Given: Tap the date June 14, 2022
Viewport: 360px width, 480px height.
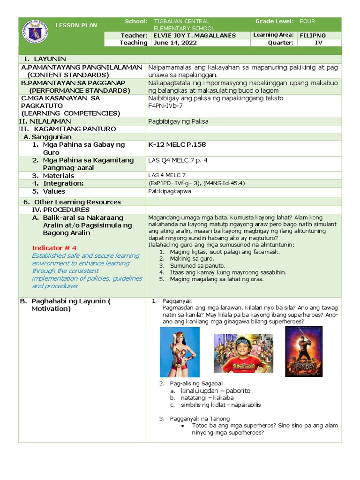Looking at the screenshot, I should click(x=175, y=43).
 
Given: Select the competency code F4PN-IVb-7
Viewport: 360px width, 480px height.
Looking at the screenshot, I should click(x=166, y=106).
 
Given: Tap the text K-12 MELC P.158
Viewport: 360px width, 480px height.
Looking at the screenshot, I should click(x=177, y=144).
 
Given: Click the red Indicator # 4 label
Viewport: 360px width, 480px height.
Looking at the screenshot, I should click(x=54, y=247).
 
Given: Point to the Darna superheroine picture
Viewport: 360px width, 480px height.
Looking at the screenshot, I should click(x=179, y=352).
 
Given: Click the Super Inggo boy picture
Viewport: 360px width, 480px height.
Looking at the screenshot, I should click(x=243, y=353).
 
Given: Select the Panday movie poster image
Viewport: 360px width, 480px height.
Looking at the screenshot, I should click(x=303, y=351).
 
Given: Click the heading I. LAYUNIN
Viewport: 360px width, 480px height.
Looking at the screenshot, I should click(x=49, y=59).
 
